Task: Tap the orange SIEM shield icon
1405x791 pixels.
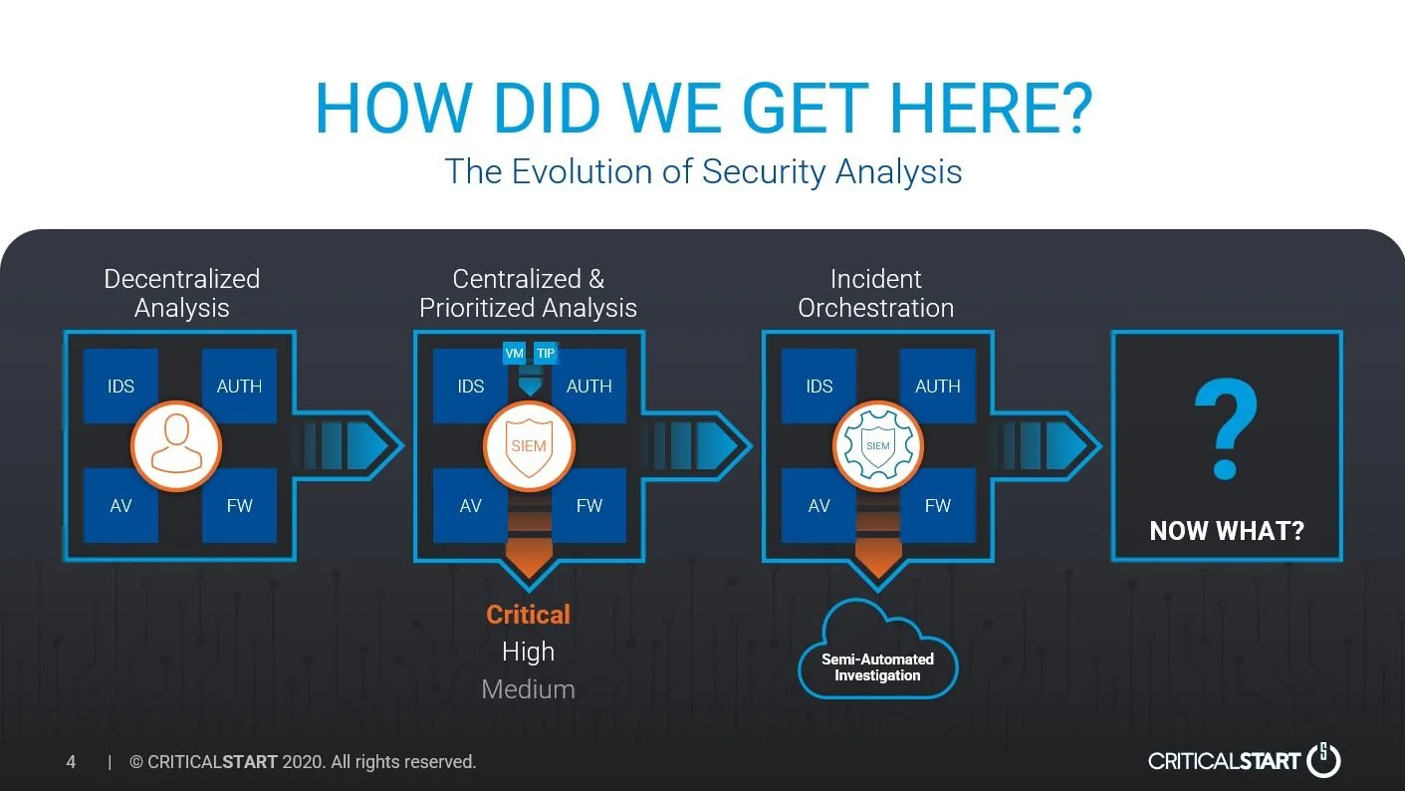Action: (x=529, y=445)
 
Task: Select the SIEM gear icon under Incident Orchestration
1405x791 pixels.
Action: (x=877, y=445)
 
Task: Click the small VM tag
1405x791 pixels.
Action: (x=515, y=353)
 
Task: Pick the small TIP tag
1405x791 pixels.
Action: (x=546, y=353)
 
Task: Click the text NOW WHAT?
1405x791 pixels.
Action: (x=1226, y=531)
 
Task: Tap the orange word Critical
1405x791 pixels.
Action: (x=528, y=615)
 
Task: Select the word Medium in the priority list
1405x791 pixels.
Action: (x=528, y=689)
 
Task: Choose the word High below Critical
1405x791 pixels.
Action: (x=528, y=653)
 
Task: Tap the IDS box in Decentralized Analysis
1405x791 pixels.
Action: (x=120, y=387)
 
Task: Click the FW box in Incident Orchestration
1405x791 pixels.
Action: (x=937, y=505)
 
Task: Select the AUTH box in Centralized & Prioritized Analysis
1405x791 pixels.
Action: (x=588, y=387)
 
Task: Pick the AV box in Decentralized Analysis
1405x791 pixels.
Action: (x=120, y=505)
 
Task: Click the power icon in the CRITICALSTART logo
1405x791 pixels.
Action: (x=1323, y=760)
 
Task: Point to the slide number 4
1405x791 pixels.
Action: (x=71, y=762)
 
